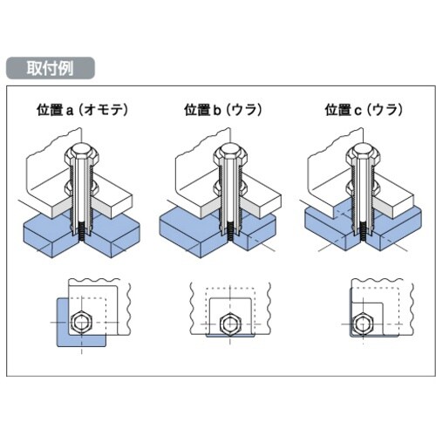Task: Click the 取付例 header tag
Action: (x=49, y=66)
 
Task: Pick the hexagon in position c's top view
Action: (x=364, y=323)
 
